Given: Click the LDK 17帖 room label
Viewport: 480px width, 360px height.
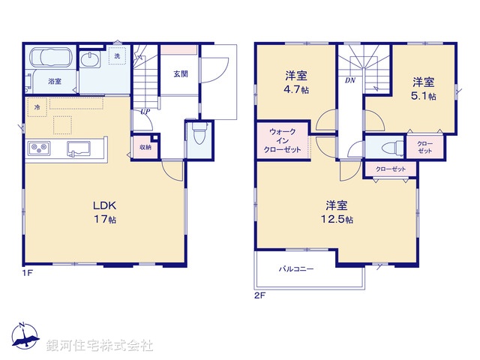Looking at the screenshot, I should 105,212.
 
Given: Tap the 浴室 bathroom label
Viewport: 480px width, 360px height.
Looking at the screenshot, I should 55,81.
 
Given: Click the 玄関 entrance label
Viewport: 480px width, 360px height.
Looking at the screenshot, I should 181,73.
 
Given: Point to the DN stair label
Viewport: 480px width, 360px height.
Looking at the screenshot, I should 350,79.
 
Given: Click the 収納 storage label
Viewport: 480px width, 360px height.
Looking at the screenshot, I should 145,147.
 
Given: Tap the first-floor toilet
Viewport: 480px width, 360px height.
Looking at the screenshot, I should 198,137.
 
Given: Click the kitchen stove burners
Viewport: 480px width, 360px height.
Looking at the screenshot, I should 40,148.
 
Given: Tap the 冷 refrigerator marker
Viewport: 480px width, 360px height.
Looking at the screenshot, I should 36,108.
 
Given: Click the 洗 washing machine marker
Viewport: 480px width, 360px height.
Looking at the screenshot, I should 116,56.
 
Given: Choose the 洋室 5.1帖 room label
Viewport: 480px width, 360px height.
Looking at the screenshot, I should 424,88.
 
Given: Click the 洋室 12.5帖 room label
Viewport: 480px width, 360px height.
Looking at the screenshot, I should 340,211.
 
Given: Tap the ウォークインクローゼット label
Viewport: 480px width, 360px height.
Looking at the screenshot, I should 283,141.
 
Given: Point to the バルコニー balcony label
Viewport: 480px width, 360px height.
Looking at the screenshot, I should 297,268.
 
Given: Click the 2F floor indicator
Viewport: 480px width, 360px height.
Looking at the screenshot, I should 260,295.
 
